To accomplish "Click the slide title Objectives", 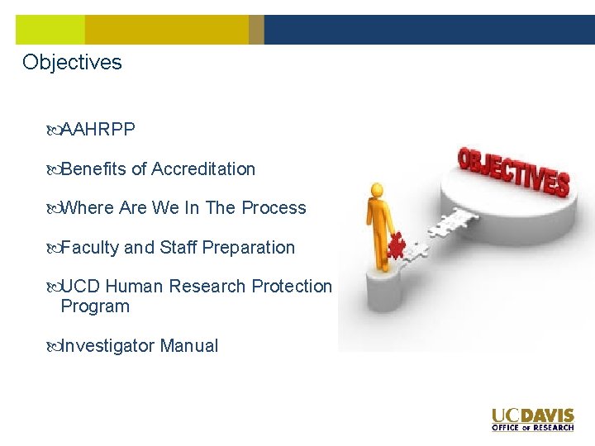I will pos(72,63).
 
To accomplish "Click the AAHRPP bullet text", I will pos(98,130).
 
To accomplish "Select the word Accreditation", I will pos(204,169).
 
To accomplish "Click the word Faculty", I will pos(90,248).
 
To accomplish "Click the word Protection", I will pos(292,287).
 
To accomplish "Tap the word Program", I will pos(95,306).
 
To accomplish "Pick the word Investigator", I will pos(107,346).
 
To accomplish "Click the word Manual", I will pos(189,346).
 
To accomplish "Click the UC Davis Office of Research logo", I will pos(532,419).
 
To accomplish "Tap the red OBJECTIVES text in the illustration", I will pos(513,170).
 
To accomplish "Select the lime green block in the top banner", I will pos(50,30).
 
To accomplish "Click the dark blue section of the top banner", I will pos(429,30).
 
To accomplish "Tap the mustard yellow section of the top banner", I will pos(166,30).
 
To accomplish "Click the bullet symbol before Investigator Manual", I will pos(54,346).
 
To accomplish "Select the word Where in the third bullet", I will pos(88,208).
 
